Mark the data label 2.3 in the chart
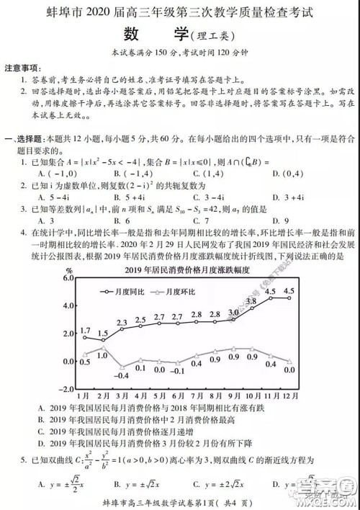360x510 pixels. (x=122, y=322)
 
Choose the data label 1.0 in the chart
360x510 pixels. (x=102, y=356)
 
